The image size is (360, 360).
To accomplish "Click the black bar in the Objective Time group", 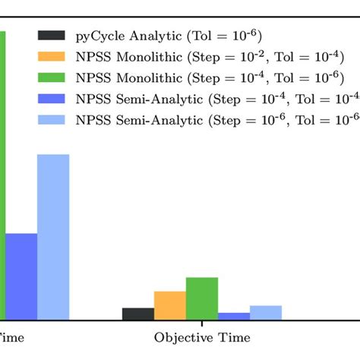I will pyautogui.click(x=137, y=314).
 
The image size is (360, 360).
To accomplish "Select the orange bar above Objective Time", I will pyautogui.click(x=169, y=305).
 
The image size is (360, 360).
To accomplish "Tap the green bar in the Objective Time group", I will pyautogui.click(x=201, y=298).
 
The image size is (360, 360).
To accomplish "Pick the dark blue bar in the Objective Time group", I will pyautogui.click(x=233, y=316).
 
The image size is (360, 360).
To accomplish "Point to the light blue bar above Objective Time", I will pyautogui.click(x=265, y=312).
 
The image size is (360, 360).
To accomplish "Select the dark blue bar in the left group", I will pyautogui.click(x=21, y=276).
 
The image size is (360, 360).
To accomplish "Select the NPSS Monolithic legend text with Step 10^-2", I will pyautogui.click(x=200, y=56).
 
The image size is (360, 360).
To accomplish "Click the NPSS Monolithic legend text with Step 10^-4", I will pyautogui.click(x=200, y=77).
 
